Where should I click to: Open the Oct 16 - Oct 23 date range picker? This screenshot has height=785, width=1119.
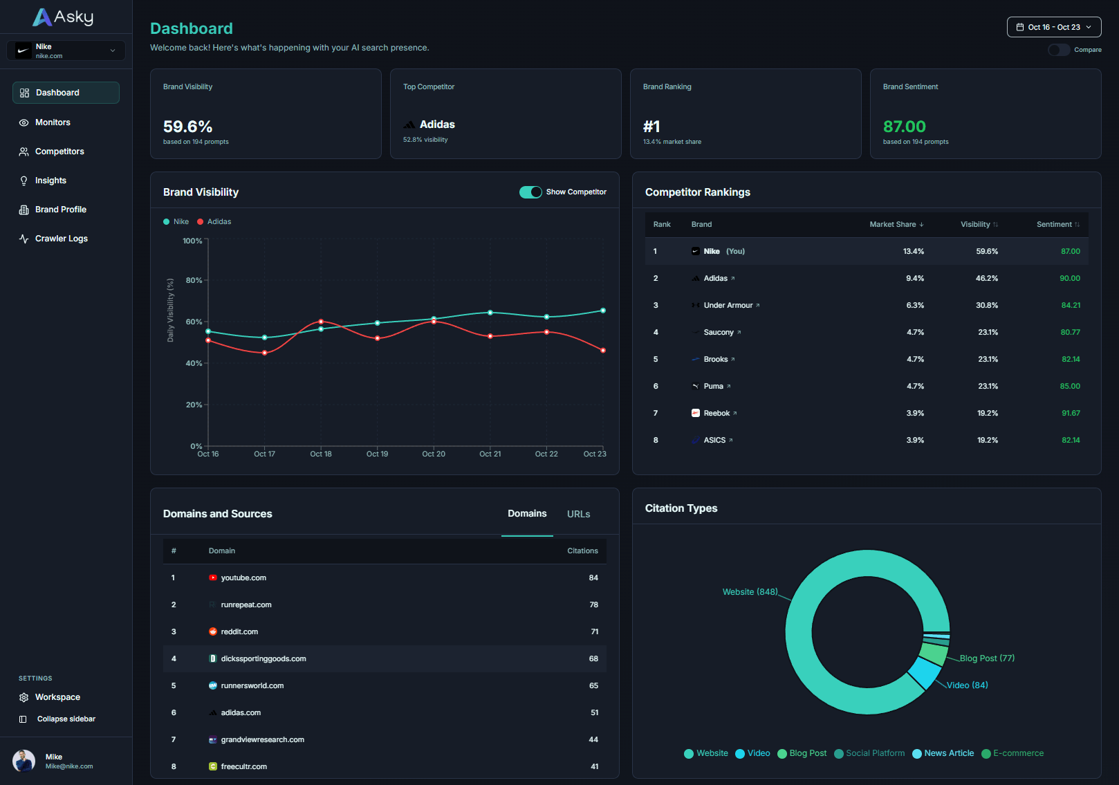(1053, 27)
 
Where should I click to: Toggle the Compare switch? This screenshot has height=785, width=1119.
(1058, 50)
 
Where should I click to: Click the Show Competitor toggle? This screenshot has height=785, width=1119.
(530, 192)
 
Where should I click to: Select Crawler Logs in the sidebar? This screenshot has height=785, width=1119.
(61, 239)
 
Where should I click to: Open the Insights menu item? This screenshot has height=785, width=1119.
(50, 181)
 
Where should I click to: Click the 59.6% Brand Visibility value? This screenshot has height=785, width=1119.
(187, 127)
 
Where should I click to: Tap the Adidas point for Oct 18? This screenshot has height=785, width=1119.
(321, 322)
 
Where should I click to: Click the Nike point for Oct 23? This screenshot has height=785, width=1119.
(603, 311)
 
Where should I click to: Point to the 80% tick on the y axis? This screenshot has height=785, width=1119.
(194, 280)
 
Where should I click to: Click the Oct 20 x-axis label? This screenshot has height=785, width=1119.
(434, 454)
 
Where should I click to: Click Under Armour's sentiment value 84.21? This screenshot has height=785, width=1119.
(1070, 305)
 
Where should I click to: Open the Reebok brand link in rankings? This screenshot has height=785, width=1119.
(716, 413)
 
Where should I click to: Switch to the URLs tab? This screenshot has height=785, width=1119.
(578, 514)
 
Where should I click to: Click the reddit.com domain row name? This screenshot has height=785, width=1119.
(239, 631)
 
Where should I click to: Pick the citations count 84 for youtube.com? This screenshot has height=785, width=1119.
(593, 578)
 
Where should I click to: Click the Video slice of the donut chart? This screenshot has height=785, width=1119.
(924, 672)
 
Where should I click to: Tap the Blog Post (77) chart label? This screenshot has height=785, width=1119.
(986, 658)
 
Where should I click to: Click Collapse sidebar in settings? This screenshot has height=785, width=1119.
(66, 719)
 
